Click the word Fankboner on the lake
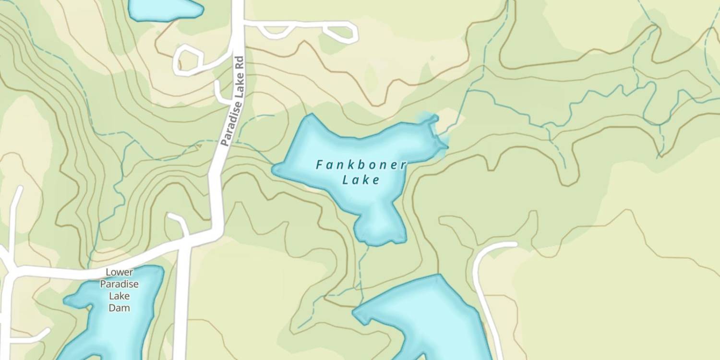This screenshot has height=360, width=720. (x=361, y=165)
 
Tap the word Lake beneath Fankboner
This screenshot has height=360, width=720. (x=361, y=180)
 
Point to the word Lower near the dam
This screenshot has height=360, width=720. (x=119, y=273)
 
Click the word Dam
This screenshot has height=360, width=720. (x=119, y=308)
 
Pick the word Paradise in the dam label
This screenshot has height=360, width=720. (x=119, y=284)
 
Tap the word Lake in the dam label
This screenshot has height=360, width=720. (x=119, y=296)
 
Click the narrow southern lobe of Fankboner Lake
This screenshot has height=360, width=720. (x=379, y=226)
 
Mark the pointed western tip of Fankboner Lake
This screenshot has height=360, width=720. (x=275, y=168)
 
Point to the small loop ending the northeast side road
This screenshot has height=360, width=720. (x=342, y=33)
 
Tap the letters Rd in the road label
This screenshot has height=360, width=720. (x=240, y=63)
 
